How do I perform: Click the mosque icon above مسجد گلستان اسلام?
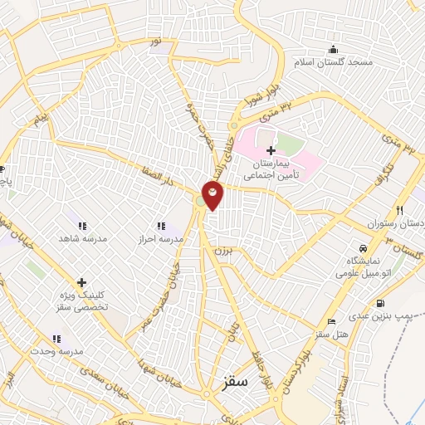click(335, 49)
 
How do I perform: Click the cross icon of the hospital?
click(271, 149)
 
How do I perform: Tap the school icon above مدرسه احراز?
click(161, 225)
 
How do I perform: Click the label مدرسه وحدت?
click(56, 352)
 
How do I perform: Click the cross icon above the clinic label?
click(81, 282)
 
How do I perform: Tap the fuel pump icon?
click(380, 303)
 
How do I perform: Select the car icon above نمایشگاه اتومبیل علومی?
click(362, 248)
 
